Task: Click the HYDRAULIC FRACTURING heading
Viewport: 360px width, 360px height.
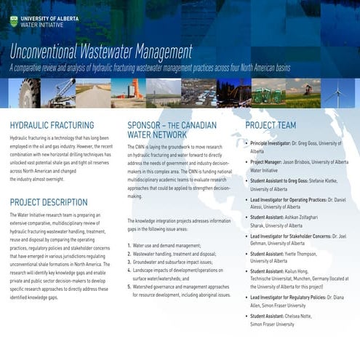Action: (x=52, y=125)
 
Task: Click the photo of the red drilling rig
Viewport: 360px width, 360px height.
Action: (x=128, y=92)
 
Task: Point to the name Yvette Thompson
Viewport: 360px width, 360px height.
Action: (x=316, y=254)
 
